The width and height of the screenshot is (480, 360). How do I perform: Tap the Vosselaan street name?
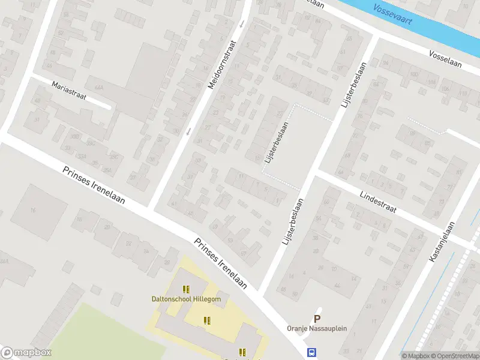pos(445,59)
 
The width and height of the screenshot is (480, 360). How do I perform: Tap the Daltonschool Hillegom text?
pos(185,299)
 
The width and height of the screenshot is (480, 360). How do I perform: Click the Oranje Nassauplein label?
pos(316,329)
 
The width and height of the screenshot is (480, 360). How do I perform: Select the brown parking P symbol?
pos(317,319)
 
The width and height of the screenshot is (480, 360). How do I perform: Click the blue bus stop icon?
pos(311,353)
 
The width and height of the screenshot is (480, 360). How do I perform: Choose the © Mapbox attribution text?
pos(415,356)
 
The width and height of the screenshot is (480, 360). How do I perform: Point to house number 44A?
pos(98,87)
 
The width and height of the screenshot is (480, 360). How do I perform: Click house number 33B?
pos(74,137)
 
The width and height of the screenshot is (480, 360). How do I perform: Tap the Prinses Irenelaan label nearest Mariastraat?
pos(94,185)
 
